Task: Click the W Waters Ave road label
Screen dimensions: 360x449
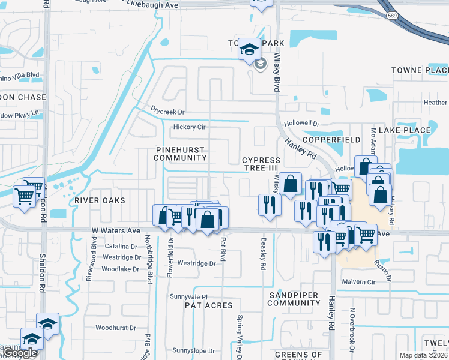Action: click(x=116, y=230)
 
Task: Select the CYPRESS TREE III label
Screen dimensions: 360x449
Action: click(x=261, y=164)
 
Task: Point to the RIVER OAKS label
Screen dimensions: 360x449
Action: click(x=100, y=200)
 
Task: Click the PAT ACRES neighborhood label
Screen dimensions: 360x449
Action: click(x=208, y=305)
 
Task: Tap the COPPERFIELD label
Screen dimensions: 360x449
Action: click(x=331, y=139)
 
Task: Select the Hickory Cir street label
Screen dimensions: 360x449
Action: click(x=189, y=127)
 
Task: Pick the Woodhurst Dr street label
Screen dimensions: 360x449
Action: click(x=115, y=328)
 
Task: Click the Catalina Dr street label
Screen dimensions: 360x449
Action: click(x=121, y=247)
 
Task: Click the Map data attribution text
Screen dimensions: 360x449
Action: click(x=424, y=355)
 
